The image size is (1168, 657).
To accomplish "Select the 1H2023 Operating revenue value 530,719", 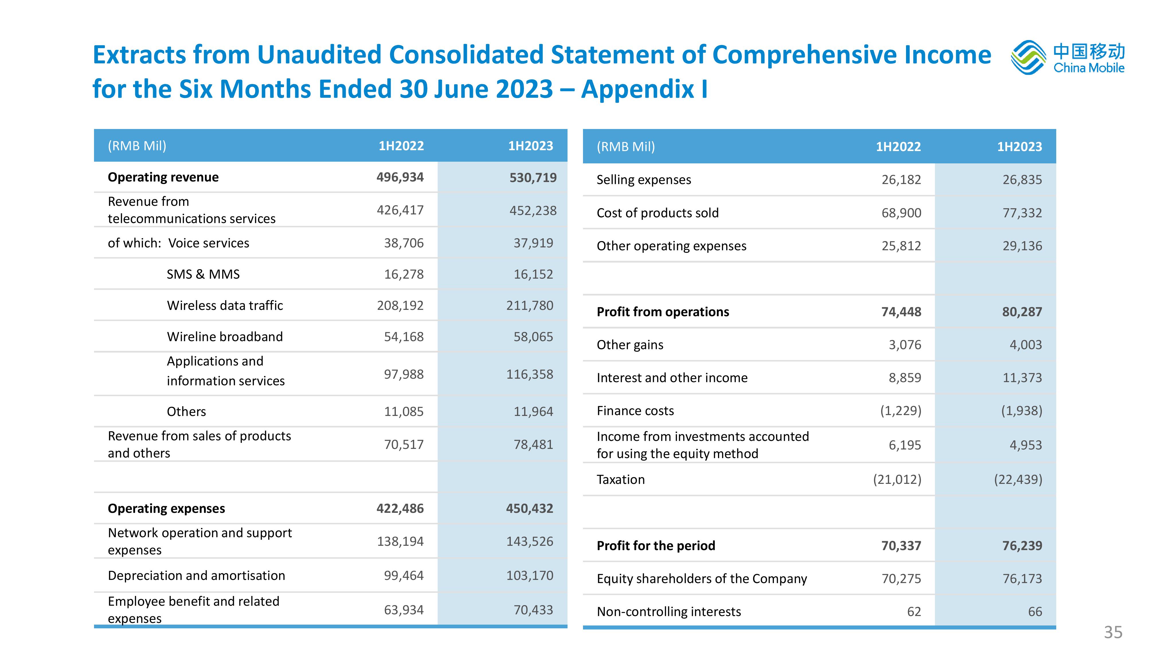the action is (533, 177).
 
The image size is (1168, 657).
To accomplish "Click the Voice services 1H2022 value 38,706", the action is (404, 243).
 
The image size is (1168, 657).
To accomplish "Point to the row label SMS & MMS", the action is (203, 274).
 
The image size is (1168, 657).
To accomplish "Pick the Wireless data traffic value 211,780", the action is (530, 306).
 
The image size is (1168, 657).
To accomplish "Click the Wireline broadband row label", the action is (225, 337).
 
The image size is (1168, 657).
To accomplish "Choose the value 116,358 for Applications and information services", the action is (530, 375).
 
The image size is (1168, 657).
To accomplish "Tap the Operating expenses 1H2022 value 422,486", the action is (400, 508).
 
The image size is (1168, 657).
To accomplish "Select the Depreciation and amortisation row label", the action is (196, 575).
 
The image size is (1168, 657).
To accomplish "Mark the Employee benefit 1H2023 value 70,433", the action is (533, 610).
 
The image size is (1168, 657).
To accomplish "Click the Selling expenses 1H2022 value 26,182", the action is (901, 179).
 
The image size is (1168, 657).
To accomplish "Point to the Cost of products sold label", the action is (658, 213).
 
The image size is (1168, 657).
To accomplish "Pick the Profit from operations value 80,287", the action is (1022, 312).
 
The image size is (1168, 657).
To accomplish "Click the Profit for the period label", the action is (656, 545).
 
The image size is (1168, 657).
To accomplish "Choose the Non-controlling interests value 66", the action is (1035, 612).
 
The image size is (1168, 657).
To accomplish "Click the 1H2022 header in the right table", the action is (898, 146).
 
